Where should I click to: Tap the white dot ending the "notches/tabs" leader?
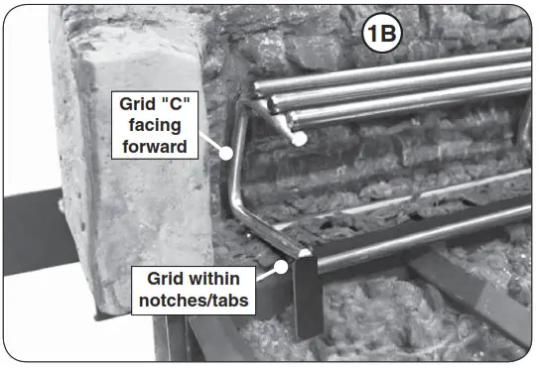pos(282,266)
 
